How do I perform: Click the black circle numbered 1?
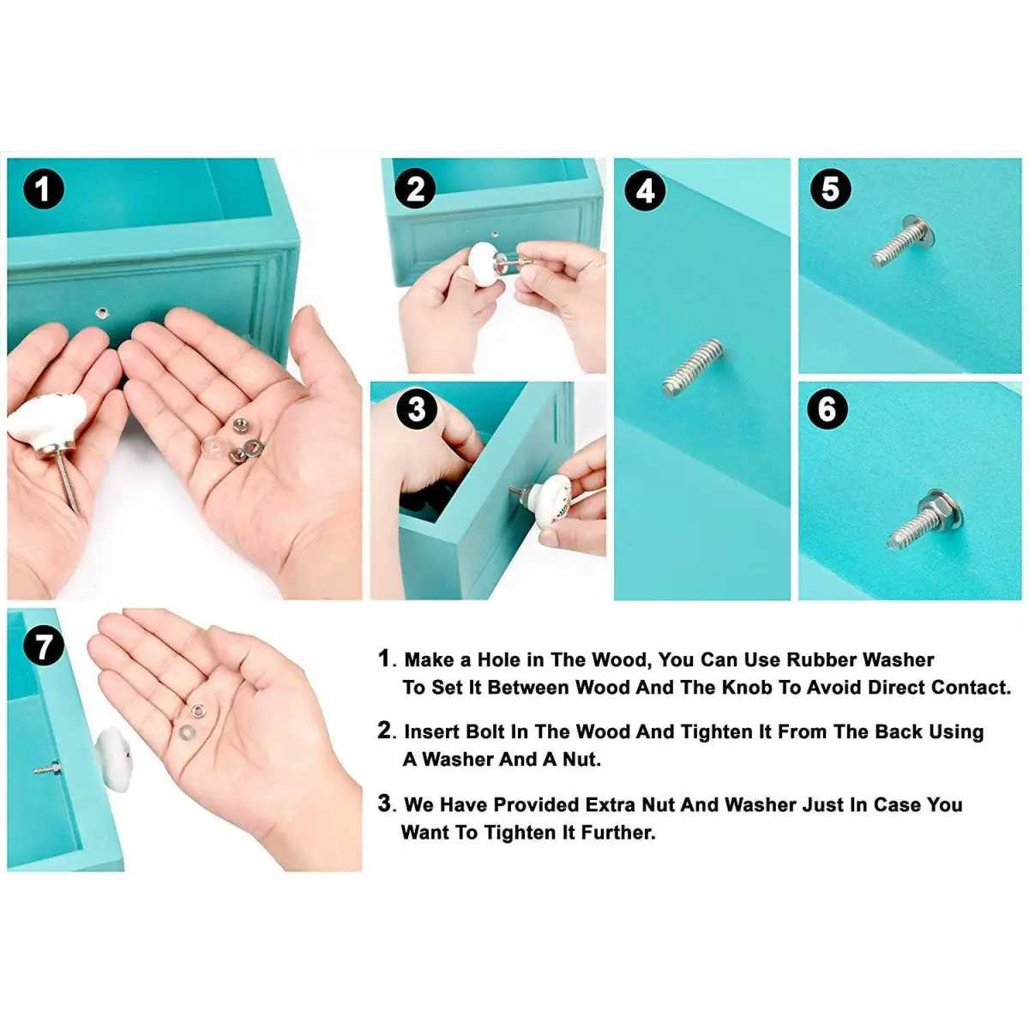tap(44, 190)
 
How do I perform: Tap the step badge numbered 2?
tap(416, 190)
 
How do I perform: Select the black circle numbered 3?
tap(416, 410)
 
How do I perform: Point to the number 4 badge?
tap(645, 190)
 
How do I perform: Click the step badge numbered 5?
tap(830, 189)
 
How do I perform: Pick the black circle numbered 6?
tap(827, 410)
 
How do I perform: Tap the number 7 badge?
tap(44, 646)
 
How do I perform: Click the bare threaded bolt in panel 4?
tap(693, 367)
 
